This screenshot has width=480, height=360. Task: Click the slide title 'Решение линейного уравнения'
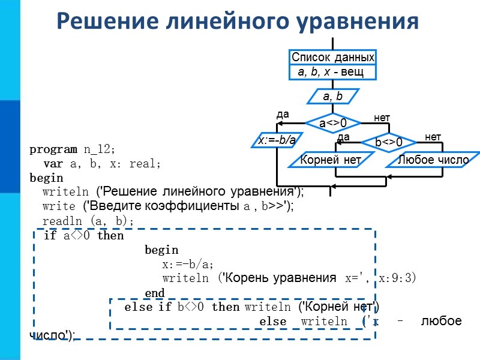point(237,21)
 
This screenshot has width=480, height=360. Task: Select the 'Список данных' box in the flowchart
point(333,58)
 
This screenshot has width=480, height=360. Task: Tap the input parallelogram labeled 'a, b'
point(333,96)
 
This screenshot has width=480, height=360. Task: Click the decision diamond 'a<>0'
point(332,123)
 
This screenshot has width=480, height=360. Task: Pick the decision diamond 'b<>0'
point(388,143)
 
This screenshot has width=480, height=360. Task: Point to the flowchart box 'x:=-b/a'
point(277,140)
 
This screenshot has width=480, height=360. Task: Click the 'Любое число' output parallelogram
point(433,160)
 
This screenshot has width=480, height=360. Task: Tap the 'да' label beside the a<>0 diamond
point(283,114)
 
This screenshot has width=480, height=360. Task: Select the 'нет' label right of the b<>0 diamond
point(433,137)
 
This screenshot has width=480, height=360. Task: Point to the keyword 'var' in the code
point(53,163)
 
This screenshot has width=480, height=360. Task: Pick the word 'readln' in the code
point(59,221)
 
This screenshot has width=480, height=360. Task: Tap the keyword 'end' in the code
point(155,293)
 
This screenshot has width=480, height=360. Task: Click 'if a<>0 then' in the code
point(84,236)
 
